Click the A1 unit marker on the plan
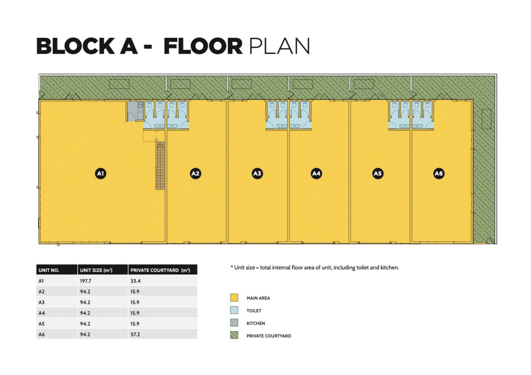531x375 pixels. pyautogui.click(x=100, y=173)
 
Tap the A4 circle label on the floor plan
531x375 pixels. pyautogui.click(x=316, y=173)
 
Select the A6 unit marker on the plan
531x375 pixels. pyautogui.click(x=439, y=173)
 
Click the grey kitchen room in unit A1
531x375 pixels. pyautogui.click(x=135, y=111)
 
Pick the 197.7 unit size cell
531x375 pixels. pyautogui.click(x=85, y=281)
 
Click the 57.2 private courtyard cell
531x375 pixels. pyautogui.click(x=135, y=334)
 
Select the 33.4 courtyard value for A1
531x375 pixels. pyautogui.click(x=136, y=281)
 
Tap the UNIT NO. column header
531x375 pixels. pyautogui.click(x=49, y=270)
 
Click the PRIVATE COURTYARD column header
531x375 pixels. pyautogui.click(x=160, y=270)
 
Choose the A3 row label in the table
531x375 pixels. pyautogui.click(x=41, y=302)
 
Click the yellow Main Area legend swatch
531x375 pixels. pyautogui.click(x=234, y=298)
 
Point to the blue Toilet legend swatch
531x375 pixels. pyautogui.click(x=234, y=310)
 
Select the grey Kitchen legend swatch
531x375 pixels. pyautogui.click(x=234, y=323)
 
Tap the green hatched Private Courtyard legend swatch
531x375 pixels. pyautogui.click(x=234, y=335)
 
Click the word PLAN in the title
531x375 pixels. pyautogui.click(x=279, y=46)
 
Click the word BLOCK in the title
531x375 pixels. pyautogui.click(x=76, y=46)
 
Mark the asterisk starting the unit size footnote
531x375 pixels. pyautogui.click(x=231, y=267)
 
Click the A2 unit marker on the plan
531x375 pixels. pyautogui.click(x=195, y=173)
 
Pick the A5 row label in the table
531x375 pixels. pyautogui.click(x=41, y=324)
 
